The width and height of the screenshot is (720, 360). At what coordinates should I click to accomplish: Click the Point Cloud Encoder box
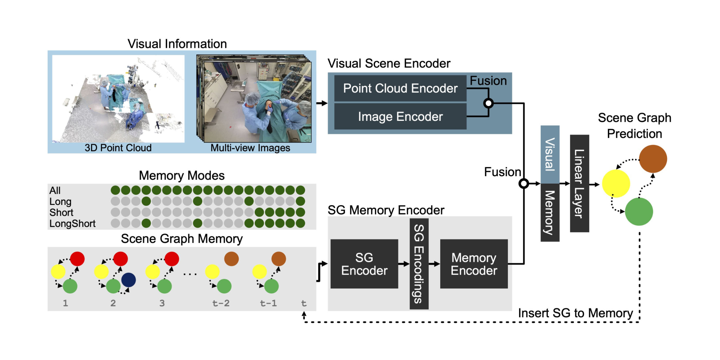(x=400, y=88)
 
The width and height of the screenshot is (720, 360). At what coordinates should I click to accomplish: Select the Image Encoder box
(x=400, y=116)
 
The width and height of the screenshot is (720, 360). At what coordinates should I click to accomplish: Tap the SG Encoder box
(x=364, y=264)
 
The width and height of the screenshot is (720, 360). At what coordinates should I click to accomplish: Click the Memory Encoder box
(x=474, y=264)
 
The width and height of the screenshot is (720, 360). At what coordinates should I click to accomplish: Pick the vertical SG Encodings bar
(x=419, y=264)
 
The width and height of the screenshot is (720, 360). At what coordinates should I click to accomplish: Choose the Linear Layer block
(x=579, y=183)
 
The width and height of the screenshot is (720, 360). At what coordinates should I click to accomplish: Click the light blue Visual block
(x=550, y=154)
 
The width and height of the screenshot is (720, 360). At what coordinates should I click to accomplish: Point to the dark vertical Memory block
(x=550, y=212)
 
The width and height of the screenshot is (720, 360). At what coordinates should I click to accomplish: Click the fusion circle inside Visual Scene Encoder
(x=488, y=103)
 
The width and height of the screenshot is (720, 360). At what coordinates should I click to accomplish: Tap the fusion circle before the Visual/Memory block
(x=524, y=184)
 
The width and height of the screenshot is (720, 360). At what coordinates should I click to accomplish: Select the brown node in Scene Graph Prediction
(x=653, y=159)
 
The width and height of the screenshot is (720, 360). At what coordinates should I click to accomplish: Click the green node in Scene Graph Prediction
(x=639, y=212)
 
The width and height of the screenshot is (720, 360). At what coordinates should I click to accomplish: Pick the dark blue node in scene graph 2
(x=129, y=280)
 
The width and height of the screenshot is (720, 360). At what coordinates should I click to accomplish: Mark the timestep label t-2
(x=221, y=303)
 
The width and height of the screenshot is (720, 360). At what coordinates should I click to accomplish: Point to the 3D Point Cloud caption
(x=118, y=148)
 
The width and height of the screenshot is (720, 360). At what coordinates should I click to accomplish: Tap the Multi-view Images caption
(x=250, y=148)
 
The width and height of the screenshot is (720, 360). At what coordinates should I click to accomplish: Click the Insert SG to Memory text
(x=575, y=313)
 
